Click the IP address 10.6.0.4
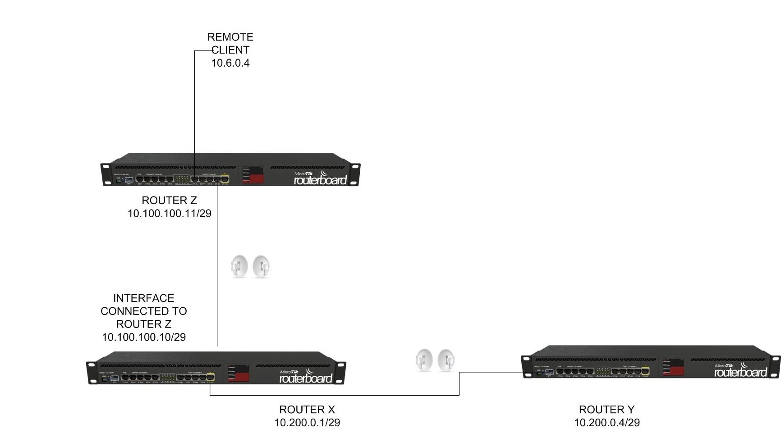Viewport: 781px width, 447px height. [230, 63]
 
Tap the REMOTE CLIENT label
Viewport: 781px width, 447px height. [230, 43]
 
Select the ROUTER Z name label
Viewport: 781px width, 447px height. [169, 201]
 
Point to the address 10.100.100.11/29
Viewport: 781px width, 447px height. [169, 214]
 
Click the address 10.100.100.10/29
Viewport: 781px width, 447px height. [144, 337]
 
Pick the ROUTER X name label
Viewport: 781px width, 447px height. [307, 410]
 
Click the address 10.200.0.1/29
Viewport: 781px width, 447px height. [307, 423]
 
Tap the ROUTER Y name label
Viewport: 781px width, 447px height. [606, 410]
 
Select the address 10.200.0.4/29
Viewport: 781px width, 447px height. [606, 423]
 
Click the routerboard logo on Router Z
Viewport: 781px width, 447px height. [320, 179]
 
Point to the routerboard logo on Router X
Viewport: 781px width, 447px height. [306, 377]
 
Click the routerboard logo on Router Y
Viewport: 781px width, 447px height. [740, 371]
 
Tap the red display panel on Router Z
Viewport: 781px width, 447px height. [253, 174]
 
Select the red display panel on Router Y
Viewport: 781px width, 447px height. [673, 367]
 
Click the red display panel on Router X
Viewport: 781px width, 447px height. [239, 373]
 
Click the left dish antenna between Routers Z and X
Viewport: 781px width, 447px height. [239, 266]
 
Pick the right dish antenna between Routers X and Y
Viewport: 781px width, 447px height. [446, 360]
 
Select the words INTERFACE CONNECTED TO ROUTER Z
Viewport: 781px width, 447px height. [144, 311]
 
